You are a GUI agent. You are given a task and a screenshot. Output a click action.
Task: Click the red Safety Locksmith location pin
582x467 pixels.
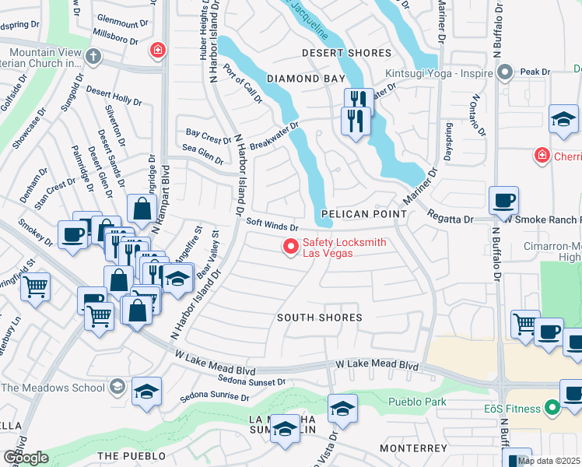[x=292, y=247]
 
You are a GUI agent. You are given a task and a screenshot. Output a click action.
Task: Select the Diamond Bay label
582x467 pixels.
[x=305, y=79]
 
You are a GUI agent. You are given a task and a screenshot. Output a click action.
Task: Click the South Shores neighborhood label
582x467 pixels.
[x=320, y=318]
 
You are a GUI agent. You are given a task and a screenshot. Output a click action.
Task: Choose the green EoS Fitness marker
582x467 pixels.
[x=552, y=406]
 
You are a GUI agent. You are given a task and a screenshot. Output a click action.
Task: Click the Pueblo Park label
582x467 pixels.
[x=417, y=402]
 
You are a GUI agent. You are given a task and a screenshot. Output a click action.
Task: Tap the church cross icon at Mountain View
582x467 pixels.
[x=93, y=56]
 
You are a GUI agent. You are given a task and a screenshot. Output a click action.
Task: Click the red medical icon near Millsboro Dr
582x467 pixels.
[x=157, y=51]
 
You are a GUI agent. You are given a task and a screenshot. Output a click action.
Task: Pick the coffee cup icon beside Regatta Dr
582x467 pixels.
[x=503, y=200]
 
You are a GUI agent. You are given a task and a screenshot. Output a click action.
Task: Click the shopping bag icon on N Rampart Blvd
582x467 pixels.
[x=142, y=209]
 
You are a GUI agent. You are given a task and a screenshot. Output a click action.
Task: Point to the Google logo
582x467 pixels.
[x=25, y=458]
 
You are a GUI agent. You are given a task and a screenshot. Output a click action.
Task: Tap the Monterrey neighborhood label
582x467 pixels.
[x=414, y=448]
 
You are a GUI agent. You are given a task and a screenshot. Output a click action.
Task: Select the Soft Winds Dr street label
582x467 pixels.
[x=272, y=224]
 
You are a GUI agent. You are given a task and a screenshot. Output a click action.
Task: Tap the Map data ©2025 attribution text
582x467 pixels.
[x=549, y=461]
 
